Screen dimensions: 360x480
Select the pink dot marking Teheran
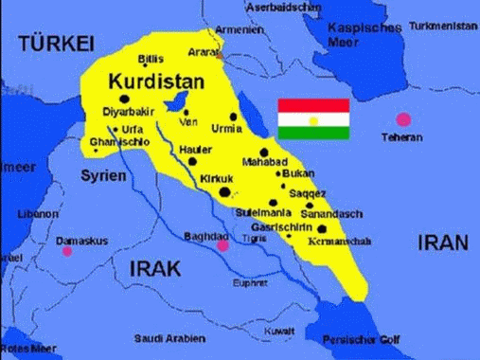click(x=404, y=119)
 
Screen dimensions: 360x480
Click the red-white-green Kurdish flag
click(x=313, y=118)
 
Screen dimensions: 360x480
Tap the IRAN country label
click(x=442, y=243)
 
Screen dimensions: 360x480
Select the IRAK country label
click(x=154, y=268)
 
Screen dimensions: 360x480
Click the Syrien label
click(x=102, y=176)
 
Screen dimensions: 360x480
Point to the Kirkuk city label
click(x=216, y=179)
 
